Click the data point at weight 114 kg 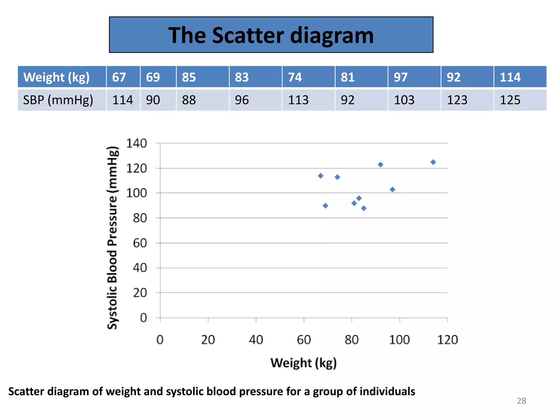(x=433, y=162)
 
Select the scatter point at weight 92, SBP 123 (x=380, y=165)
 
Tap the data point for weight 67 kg (x=321, y=176)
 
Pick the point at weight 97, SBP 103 (x=392, y=189)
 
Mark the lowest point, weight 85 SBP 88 (x=364, y=208)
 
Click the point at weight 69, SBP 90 (x=325, y=206)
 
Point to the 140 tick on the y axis (x=136, y=144)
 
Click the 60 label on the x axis (x=304, y=340)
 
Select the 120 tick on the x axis (x=447, y=340)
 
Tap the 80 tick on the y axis (x=140, y=218)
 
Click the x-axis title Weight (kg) (x=304, y=363)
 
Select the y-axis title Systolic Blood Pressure (x=112, y=238)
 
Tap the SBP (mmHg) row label (x=58, y=100)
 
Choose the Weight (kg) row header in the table (x=57, y=77)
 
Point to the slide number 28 (x=521, y=401)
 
